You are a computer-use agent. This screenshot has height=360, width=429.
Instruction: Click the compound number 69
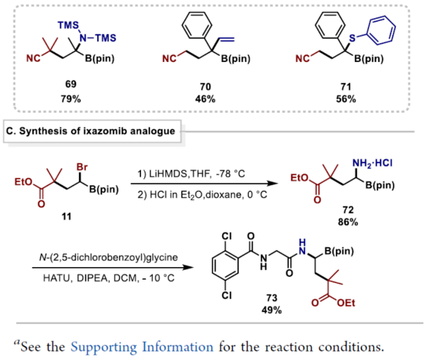tap(70, 85)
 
